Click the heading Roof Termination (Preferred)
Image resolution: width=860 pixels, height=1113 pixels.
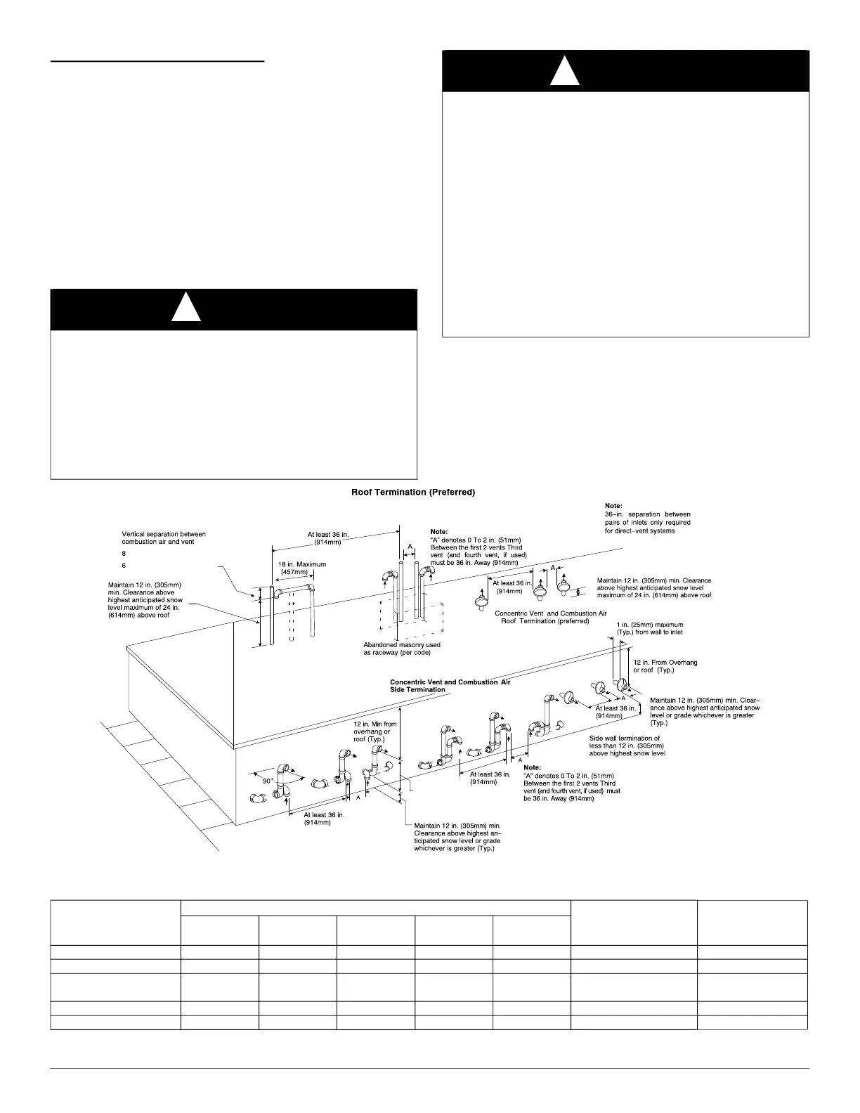pos(413,493)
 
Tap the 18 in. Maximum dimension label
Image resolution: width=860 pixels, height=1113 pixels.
pos(301,568)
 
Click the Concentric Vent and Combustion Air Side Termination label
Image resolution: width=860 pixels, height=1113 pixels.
pos(450,686)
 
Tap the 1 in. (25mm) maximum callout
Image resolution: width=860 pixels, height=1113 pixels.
pos(649,628)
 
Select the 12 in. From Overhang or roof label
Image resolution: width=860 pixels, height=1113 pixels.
pos(665,666)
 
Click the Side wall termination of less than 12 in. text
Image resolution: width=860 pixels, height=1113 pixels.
pos(626,746)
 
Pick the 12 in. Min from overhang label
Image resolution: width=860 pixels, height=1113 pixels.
pos(375,731)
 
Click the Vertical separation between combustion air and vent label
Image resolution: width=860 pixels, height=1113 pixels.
pos(164,538)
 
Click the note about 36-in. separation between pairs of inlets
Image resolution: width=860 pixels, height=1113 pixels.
pos(647,518)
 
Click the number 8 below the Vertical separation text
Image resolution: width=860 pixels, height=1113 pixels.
pos(124,554)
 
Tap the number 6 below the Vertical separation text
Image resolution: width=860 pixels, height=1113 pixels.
pos(124,565)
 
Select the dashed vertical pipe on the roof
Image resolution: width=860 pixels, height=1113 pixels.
pos(292,618)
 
